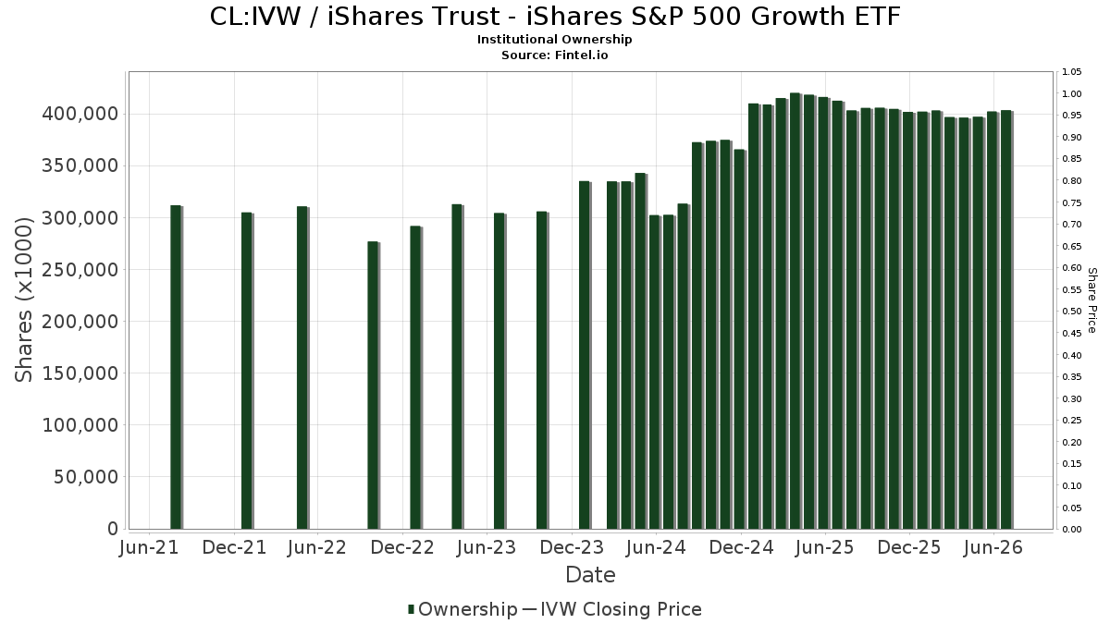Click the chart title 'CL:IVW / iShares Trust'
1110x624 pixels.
point(354,17)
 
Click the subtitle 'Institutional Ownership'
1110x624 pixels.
point(554,40)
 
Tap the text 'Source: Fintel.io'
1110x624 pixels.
point(554,55)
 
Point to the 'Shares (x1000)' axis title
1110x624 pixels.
point(23,300)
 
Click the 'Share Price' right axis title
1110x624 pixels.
point(1092,300)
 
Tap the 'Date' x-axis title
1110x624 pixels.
point(590,575)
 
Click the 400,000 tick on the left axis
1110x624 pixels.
point(80,115)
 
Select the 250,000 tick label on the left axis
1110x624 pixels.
point(80,270)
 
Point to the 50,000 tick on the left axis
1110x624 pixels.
point(86,477)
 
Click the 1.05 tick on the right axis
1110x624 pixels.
point(1071,72)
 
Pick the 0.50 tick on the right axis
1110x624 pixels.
point(1071,312)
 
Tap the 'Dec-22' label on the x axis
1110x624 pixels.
point(402,547)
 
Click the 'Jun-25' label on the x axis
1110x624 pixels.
point(824,547)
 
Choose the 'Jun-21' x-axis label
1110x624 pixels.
point(149,547)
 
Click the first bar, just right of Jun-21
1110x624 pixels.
point(177,367)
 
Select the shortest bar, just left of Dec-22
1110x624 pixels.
point(374,385)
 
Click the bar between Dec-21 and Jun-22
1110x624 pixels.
point(302,368)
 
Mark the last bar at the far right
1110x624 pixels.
point(1007,320)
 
